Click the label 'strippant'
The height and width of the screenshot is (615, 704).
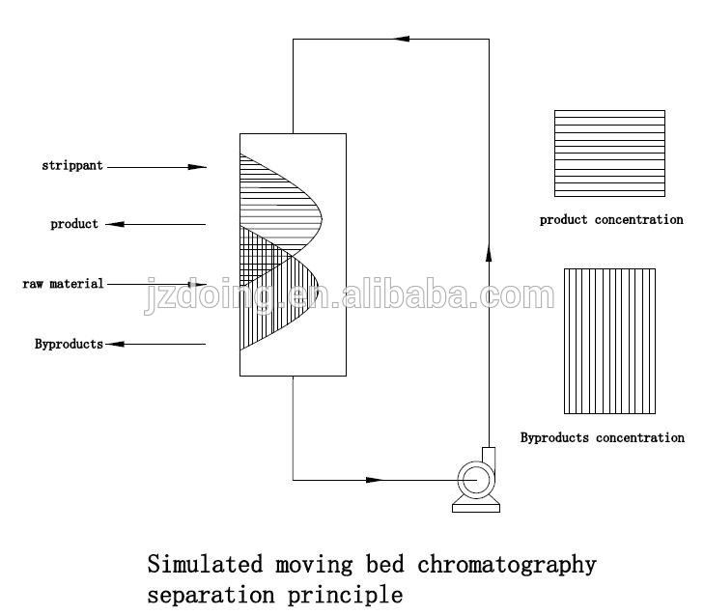click(x=73, y=166)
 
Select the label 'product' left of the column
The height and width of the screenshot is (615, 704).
click(x=74, y=224)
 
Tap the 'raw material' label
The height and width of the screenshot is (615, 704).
click(x=63, y=284)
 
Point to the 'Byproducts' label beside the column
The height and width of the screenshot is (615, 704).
click(x=69, y=344)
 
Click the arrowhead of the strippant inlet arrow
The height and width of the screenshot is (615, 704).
click(x=198, y=167)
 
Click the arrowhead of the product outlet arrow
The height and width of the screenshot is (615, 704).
click(x=114, y=224)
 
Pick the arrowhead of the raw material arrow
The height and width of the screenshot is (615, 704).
click(x=198, y=284)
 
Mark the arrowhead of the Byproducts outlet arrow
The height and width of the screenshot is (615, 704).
click(x=114, y=344)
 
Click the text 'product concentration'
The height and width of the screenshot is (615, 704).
click(x=611, y=220)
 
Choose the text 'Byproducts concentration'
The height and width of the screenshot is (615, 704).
click(x=603, y=438)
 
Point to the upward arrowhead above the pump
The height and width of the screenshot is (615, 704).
click(x=488, y=254)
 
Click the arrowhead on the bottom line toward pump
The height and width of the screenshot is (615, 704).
click(x=375, y=480)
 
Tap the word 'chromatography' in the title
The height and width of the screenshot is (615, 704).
click(x=507, y=564)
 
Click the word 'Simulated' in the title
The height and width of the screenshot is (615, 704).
click(x=199, y=564)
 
